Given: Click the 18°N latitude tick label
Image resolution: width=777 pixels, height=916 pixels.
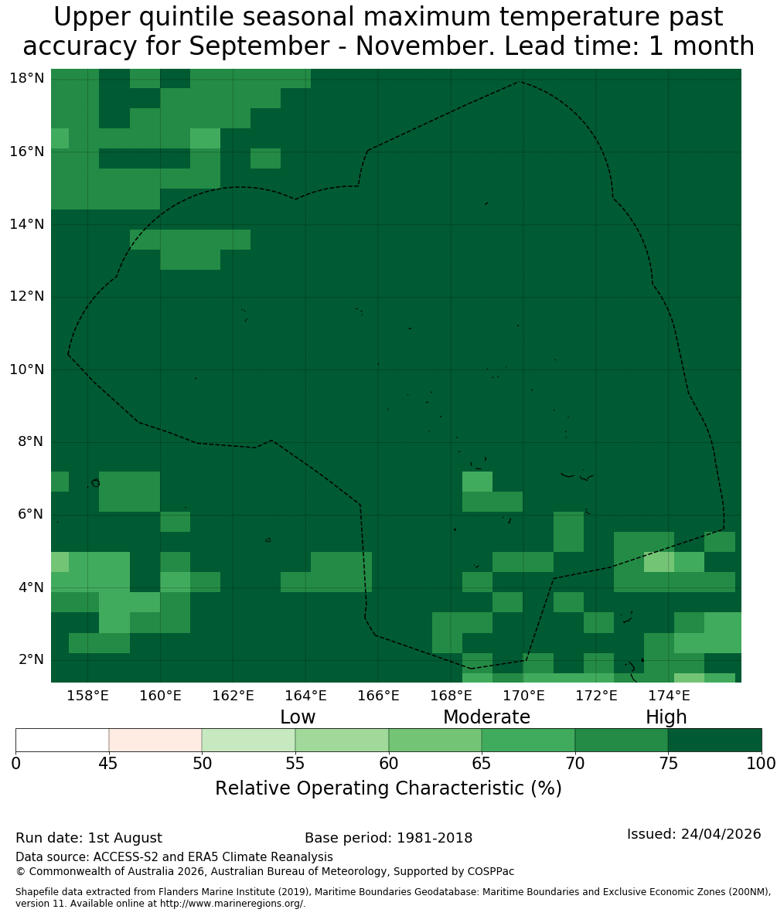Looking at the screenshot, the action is [x=27, y=78].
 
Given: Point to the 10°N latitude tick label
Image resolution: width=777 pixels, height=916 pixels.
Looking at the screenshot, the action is [x=27, y=369].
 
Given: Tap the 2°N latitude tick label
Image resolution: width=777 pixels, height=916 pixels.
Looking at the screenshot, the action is [x=31, y=659].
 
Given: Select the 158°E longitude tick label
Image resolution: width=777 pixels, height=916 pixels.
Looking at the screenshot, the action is [x=87, y=696].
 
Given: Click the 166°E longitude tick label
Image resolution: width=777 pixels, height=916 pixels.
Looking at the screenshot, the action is [x=379, y=696].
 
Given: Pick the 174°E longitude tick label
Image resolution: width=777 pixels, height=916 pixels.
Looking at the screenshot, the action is [x=669, y=696].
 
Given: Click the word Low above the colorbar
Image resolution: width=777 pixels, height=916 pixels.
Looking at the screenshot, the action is [x=298, y=717].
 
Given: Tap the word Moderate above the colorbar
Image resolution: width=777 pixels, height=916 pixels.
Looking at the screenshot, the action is [x=486, y=717].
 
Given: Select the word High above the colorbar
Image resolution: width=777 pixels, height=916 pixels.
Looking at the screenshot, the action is [x=666, y=717].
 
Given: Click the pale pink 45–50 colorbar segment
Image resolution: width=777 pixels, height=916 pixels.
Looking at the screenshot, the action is [x=155, y=741].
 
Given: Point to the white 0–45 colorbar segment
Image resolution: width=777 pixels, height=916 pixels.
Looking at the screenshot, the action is [x=63, y=741].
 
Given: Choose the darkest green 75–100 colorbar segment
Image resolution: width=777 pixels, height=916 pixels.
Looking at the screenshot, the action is [x=714, y=741].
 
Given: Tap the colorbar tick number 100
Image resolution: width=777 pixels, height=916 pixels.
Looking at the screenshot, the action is [x=762, y=764].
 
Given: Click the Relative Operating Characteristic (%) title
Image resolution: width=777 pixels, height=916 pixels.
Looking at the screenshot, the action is [x=388, y=788].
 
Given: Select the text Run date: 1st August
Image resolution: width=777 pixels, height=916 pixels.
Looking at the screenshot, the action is [x=89, y=838].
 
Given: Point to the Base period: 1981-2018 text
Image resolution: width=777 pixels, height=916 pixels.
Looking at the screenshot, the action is [x=388, y=838].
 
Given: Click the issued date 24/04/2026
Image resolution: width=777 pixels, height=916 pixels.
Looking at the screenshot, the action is [x=721, y=833].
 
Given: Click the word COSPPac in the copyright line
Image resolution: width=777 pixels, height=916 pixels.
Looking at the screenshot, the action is [x=491, y=872].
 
